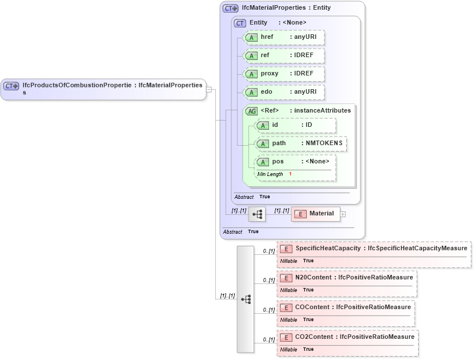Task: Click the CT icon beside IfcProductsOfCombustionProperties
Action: click(11, 86)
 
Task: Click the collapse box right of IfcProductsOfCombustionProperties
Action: click(209, 89)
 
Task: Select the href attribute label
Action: click(267, 37)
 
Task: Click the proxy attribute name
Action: click(270, 74)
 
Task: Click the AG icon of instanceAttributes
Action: click(251, 111)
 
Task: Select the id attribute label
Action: click(275, 125)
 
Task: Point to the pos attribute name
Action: click(278, 161)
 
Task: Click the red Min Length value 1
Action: click(290, 174)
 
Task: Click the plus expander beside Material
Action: click(343, 214)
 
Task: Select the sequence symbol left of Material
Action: click(257, 214)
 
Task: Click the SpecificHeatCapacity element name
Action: click(328, 248)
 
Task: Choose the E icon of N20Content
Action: click(287, 278)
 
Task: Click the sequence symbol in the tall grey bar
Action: click(246, 299)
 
